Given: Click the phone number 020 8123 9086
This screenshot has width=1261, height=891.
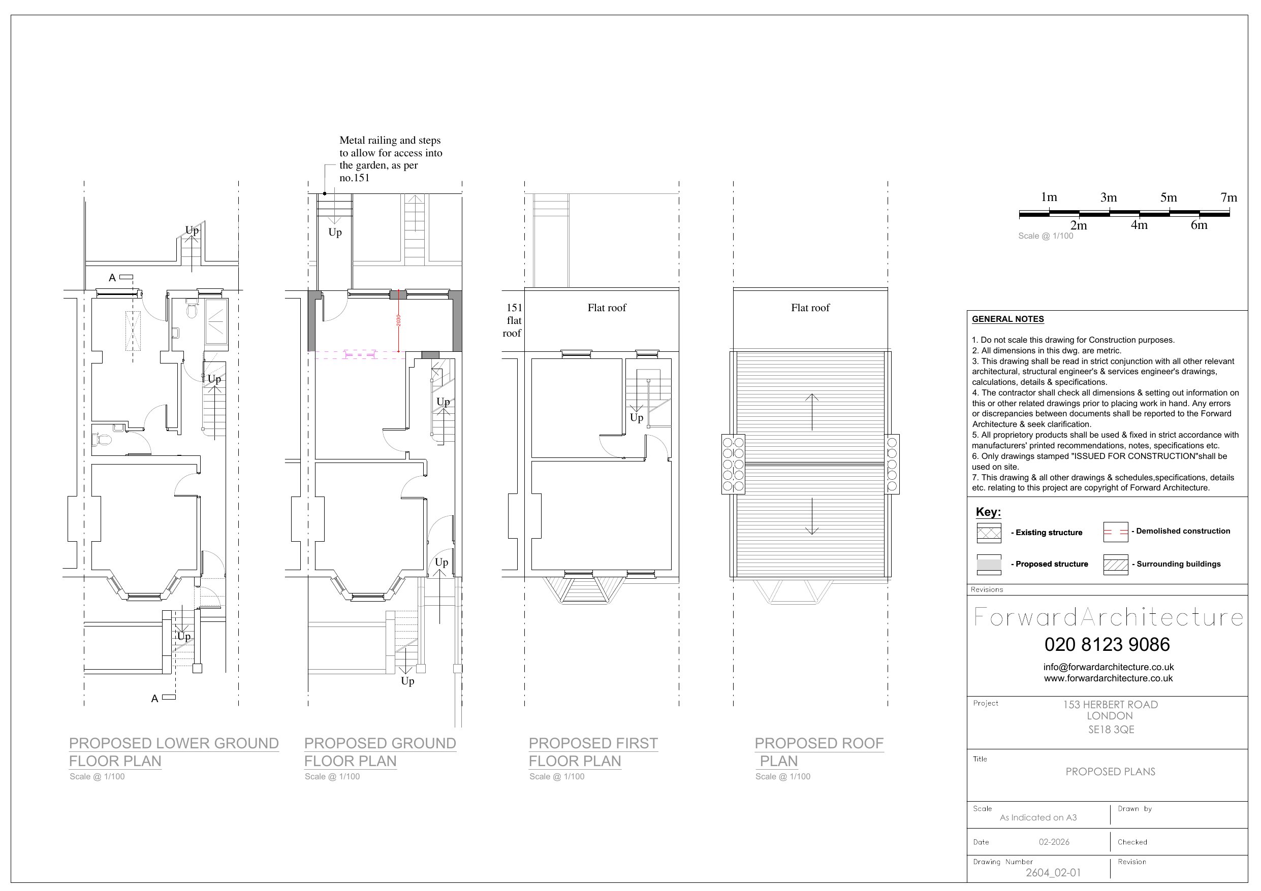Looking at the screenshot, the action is (1107, 644).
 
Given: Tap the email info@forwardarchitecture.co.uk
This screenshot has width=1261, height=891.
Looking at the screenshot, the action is (1108, 667).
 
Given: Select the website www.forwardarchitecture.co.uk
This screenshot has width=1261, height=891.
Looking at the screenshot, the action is (1108, 679).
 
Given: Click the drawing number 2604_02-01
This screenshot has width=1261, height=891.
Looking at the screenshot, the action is (1053, 873).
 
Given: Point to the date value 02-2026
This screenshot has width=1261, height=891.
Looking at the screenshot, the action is (1054, 842).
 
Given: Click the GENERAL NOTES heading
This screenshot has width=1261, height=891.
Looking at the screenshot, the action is (1008, 319).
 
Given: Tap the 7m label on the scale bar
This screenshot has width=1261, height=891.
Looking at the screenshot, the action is (1228, 197).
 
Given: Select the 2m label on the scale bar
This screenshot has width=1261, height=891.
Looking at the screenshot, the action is (1078, 225).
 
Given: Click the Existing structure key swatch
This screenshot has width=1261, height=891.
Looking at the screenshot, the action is (989, 533).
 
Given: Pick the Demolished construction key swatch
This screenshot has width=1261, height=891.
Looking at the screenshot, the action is (1116, 532).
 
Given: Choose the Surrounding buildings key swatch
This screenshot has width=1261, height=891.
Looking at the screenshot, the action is (1116, 565).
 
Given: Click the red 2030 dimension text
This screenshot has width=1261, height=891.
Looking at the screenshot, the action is (398, 320).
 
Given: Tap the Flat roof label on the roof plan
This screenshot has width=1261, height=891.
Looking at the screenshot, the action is (810, 308).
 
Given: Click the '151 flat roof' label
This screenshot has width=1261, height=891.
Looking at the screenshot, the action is (513, 320).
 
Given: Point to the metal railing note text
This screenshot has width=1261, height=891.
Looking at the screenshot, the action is (391, 159).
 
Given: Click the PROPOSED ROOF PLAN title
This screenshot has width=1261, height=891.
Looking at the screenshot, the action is (819, 752).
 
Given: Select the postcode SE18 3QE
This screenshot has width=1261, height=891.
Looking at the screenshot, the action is (1111, 730).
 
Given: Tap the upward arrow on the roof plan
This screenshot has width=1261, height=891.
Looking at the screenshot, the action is (812, 412).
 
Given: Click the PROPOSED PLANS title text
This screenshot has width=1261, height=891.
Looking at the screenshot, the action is (1110, 772).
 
